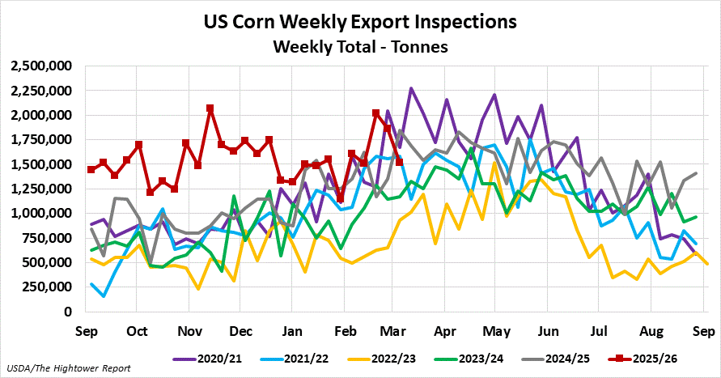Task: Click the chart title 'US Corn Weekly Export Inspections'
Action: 360,20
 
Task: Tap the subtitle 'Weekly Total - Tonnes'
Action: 360,46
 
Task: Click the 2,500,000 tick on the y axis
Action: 40,66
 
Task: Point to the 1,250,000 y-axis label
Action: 40,189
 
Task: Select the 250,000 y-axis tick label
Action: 45,287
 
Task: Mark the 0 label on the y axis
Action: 69,312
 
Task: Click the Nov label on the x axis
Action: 189,330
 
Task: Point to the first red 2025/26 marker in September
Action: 91,169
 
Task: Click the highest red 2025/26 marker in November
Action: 210,108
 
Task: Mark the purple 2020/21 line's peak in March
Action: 411,89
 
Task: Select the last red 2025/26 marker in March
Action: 399,162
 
